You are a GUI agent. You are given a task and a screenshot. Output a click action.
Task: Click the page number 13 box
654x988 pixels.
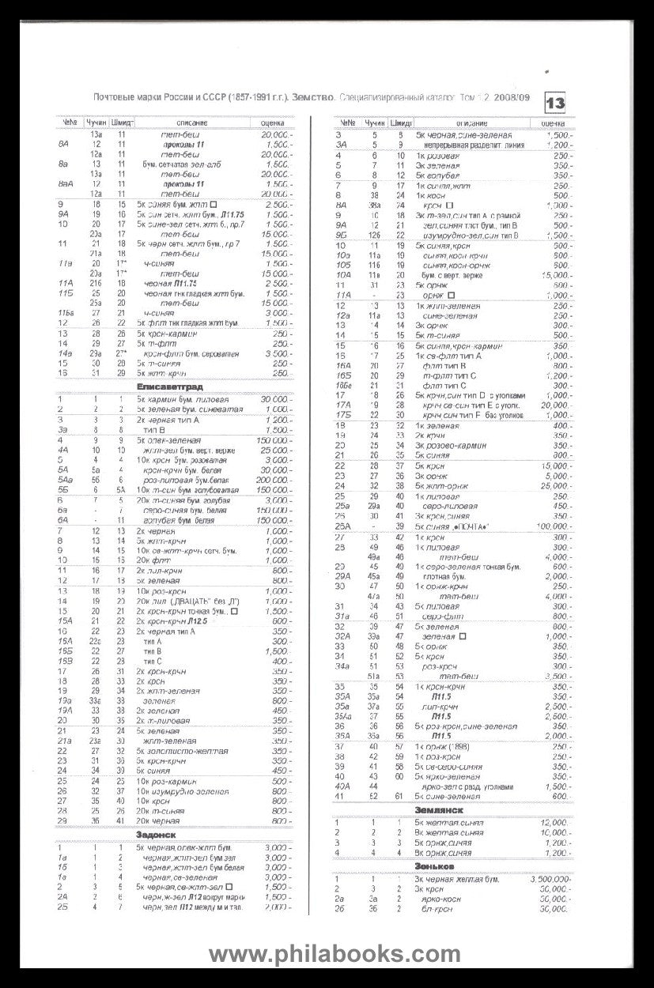(x=556, y=102)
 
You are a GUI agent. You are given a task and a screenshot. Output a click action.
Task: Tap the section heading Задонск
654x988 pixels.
(x=155, y=834)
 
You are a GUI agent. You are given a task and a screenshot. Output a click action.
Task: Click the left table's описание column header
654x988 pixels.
(x=187, y=123)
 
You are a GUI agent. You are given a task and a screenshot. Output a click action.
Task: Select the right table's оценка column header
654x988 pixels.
(x=553, y=123)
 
